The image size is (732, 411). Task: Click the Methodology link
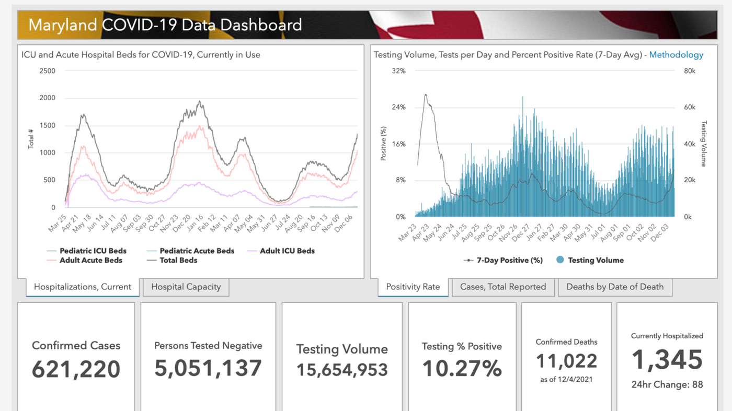tap(676, 55)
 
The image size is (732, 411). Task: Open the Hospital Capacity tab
tap(186, 287)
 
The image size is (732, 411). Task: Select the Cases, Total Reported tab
tap(502, 287)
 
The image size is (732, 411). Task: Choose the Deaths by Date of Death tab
tap(614, 287)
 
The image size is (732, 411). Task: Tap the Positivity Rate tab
tap(413, 287)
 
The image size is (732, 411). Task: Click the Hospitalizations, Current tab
tap(82, 287)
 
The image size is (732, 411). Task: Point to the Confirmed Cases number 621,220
tap(76, 369)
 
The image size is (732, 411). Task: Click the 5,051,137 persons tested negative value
tap(208, 368)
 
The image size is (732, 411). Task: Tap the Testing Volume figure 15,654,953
tap(342, 370)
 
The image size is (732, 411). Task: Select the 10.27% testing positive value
tap(462, 369)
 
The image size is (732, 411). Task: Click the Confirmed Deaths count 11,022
tap(566, 361)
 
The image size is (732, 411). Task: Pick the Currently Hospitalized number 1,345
tap(667, 360)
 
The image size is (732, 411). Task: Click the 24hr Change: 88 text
tap(667, 385)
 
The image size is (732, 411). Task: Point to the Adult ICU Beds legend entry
tap(287, 251)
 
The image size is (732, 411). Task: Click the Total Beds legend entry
tap(178, 260)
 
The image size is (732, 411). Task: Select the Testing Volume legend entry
tap(595, 260)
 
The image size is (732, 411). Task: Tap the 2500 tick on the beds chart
tap(47, 71)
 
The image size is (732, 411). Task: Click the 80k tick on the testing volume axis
tap(689, 71)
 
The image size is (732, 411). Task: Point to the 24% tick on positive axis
tap(399, 108)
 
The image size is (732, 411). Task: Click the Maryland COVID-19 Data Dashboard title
tap(165, 25)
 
